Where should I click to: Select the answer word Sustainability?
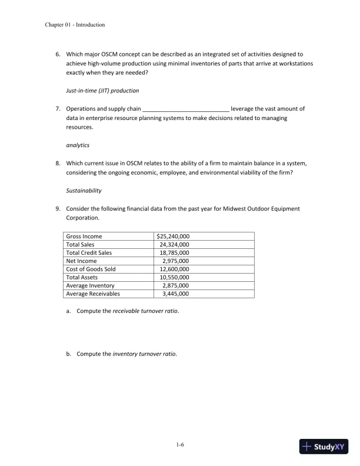(84, 191)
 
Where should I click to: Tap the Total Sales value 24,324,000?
(174, 245)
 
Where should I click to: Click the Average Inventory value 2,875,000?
(175, 285)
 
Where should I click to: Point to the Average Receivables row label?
(93, 294)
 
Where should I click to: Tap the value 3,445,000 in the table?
(175, 294)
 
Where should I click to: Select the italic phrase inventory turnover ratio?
(144, 354)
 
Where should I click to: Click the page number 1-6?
(180, 445)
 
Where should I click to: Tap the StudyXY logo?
(324, 447)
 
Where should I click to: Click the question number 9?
(58, 208)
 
